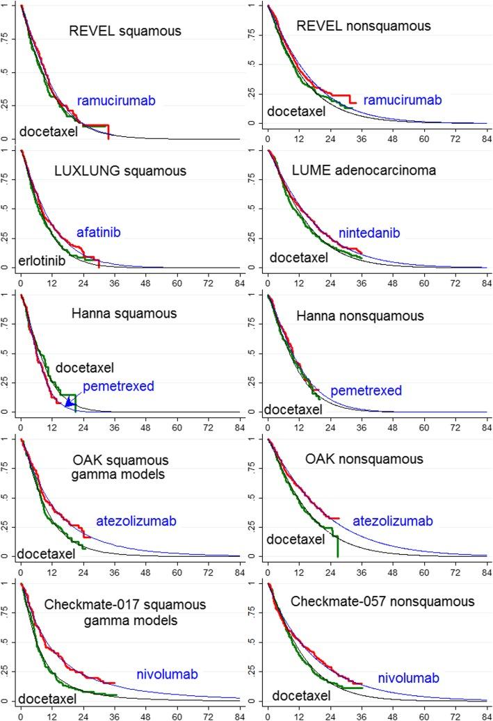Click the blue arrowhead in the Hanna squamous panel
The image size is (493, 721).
click(68, 401)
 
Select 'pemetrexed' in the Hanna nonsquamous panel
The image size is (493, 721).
click(366, 391)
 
